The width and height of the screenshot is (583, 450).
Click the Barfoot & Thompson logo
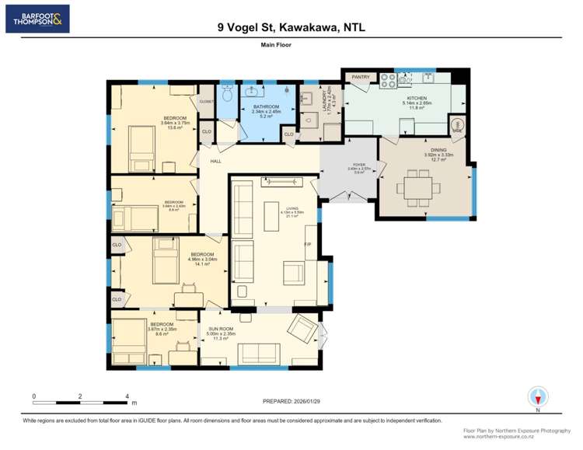click(x=37, y=19)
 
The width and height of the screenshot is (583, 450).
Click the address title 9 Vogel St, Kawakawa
click(x=291, y=27)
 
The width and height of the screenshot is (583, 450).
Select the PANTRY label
click(x=360, y=77)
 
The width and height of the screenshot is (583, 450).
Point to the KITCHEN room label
click(x=417, y=98)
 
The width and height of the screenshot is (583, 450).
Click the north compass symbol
click(x=537, y=396)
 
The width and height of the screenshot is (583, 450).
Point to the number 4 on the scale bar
click(x=127, y=396)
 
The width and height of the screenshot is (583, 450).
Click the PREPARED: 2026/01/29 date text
click(x=291, y=401)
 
